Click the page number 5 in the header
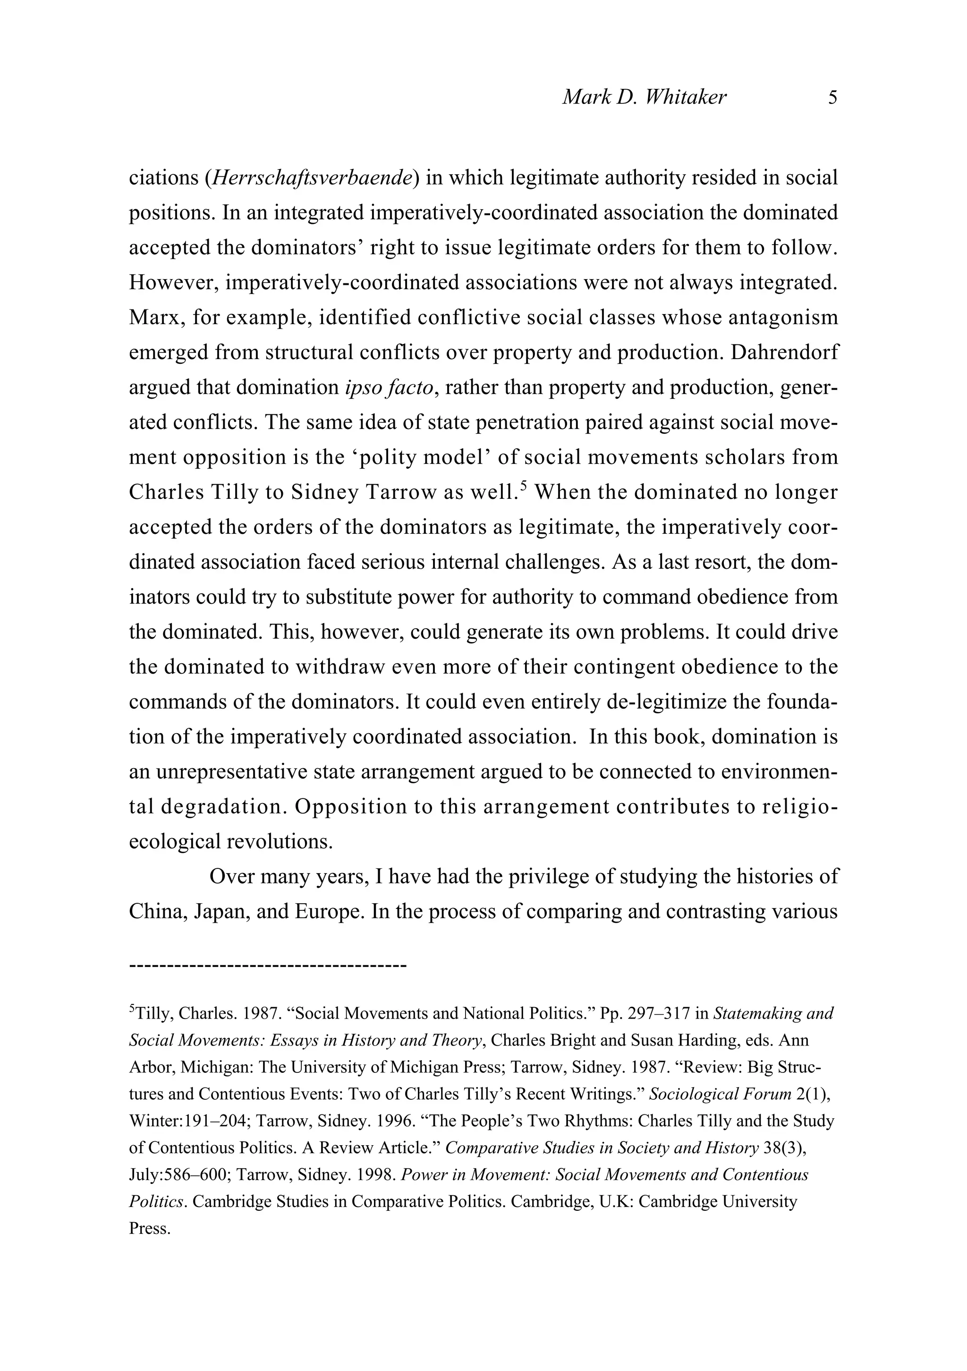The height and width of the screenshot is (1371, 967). coord(833,97)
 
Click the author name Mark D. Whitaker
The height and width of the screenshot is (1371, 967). coord(644,97)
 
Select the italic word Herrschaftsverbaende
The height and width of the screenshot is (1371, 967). coord(312,178)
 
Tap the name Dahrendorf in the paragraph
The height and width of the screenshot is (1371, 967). coord(784,352)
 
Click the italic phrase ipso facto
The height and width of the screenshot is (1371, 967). coord(389,387)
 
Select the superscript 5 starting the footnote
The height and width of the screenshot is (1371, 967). coord(132,1010)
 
